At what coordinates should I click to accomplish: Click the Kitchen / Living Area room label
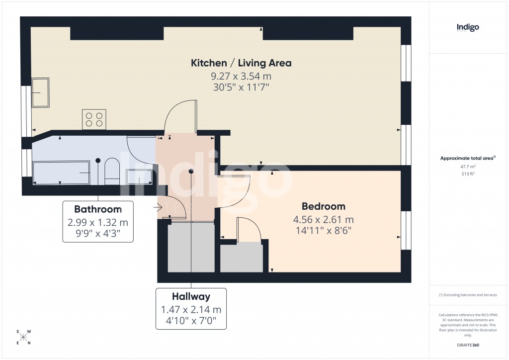point(241,63)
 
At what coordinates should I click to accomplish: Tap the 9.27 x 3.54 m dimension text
point(241,77)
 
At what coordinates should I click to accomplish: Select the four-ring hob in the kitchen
point(94,119)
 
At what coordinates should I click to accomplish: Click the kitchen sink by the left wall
point(40,92)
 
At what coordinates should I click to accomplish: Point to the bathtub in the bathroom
point(61,172)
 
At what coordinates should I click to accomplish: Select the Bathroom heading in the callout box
point(98,209)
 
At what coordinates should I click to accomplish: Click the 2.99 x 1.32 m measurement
point(98,222)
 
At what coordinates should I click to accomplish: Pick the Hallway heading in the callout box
point(191,297)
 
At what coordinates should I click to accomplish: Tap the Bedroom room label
point(324,206)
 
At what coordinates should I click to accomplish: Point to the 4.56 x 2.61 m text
point(324,219)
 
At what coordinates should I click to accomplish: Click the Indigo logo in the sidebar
point(467,28)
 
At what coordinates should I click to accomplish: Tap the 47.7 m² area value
point(467,167)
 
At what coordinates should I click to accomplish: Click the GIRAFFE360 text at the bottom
point(467,345)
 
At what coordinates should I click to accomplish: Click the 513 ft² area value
point(467,174)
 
